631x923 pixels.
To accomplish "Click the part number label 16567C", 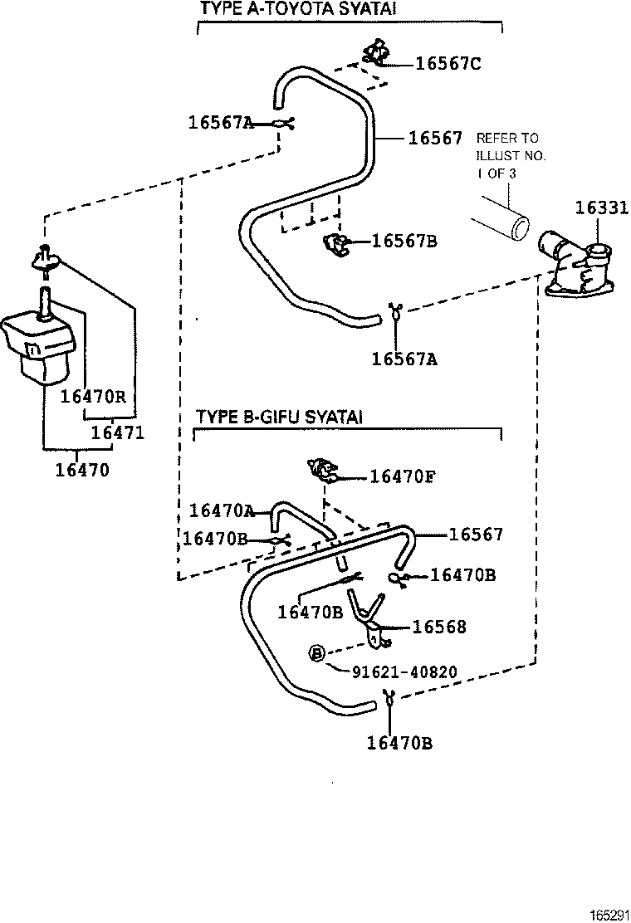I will (448, 64).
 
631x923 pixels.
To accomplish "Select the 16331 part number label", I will (602, 208).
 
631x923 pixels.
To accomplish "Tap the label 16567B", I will (404, 242).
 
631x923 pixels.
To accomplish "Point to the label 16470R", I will (92, 396).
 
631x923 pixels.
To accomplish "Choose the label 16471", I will (117, 432).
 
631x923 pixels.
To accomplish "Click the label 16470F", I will (403, 476).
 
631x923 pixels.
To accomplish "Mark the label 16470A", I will (222, 510).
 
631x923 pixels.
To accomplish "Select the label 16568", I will (439, 628).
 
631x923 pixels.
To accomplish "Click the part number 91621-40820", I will (404, 671).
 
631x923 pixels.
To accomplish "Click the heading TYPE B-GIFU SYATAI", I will (278, 416).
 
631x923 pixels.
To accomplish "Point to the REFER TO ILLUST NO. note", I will (506, 155).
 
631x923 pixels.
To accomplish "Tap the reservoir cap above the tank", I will (46, 258).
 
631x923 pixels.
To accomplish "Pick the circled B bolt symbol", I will (316, 654).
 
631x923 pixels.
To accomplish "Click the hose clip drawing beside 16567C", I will (377, 53).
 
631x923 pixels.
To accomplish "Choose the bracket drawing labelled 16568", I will (368, 618).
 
